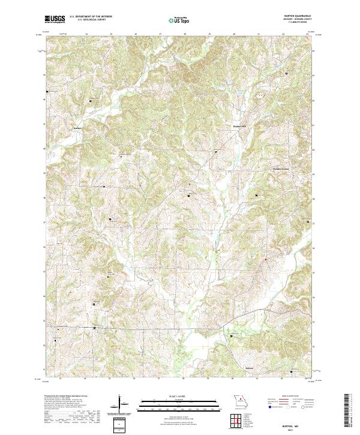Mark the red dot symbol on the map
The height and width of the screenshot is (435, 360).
pos(266,259)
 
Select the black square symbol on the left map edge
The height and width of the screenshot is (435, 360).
pos(47,92)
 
